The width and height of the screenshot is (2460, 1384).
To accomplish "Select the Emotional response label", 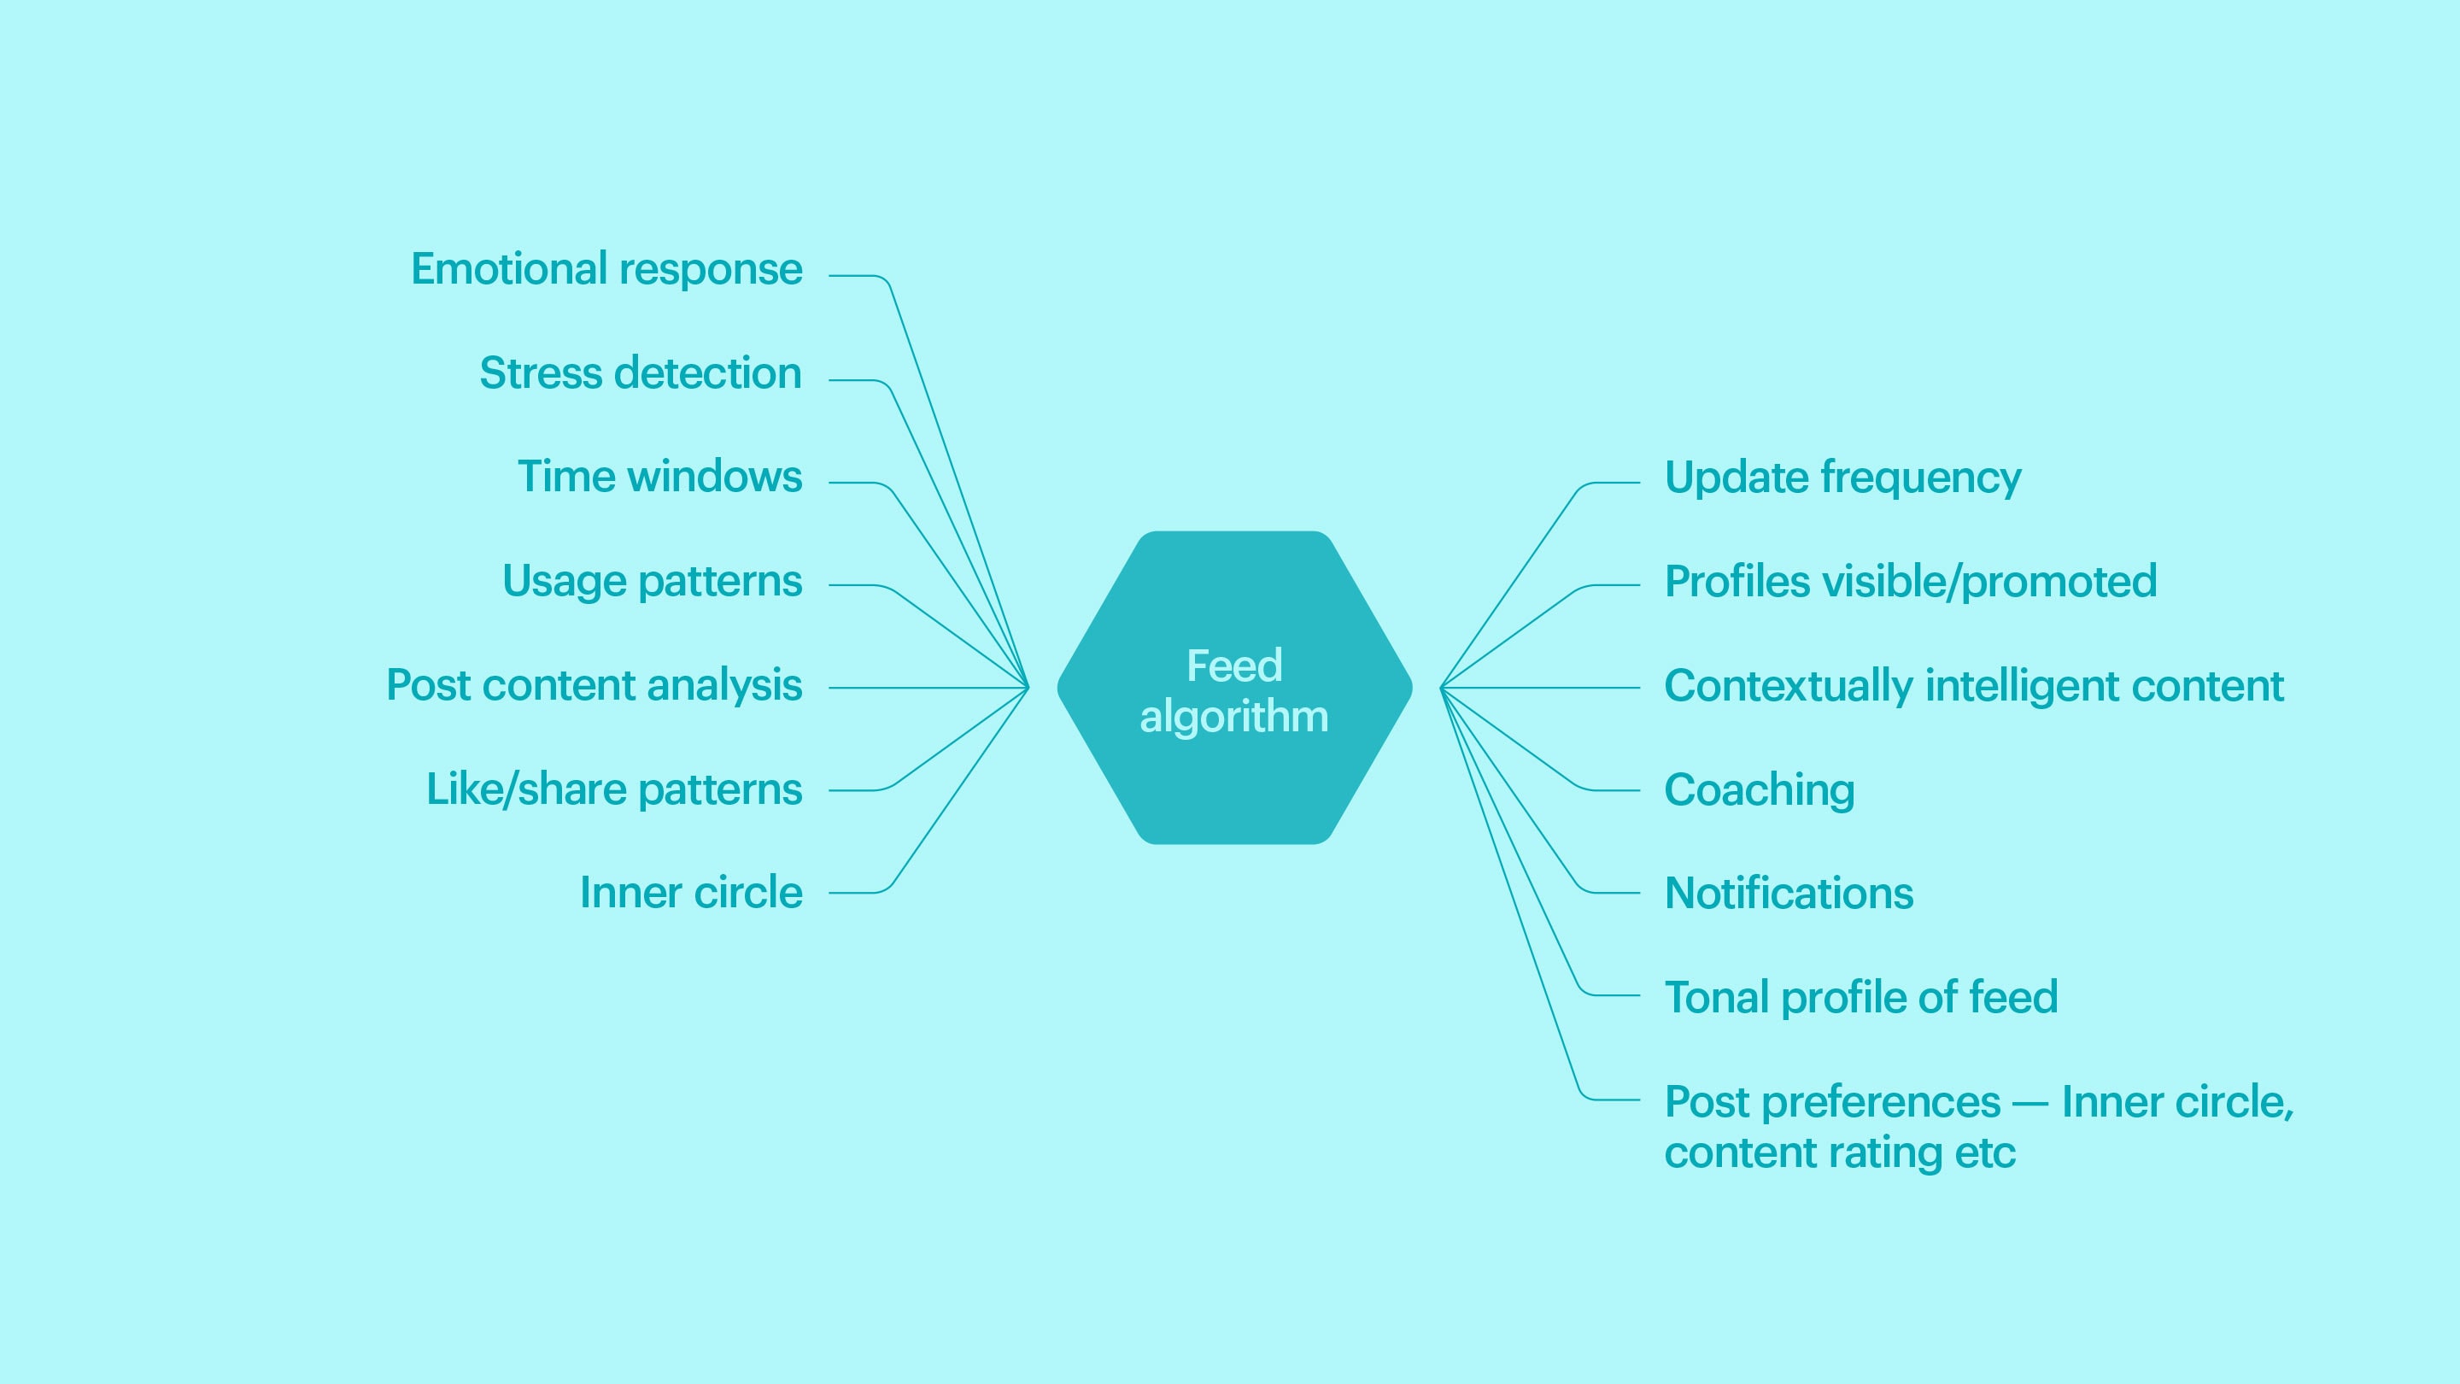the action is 606,270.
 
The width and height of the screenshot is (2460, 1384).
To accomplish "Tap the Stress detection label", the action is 640,372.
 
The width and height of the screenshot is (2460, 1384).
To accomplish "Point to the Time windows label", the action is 660,476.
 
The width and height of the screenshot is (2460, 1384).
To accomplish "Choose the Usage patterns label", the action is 653,582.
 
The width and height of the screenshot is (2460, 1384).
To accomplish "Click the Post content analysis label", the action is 594,686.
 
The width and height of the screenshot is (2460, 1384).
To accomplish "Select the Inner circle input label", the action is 691,892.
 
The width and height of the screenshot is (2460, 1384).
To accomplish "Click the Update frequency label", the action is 1843,478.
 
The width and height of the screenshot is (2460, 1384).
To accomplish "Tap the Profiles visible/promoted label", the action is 1911,582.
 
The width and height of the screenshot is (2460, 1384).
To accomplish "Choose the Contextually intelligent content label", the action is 1974,686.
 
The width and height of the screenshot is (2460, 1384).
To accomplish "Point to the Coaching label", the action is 1760,791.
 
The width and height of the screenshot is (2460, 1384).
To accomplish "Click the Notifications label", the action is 1789,893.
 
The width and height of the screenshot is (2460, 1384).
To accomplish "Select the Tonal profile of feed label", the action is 1861,998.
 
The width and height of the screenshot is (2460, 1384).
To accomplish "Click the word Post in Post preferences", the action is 1707,1102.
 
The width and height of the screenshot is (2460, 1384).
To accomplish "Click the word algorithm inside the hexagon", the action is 1233,718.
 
